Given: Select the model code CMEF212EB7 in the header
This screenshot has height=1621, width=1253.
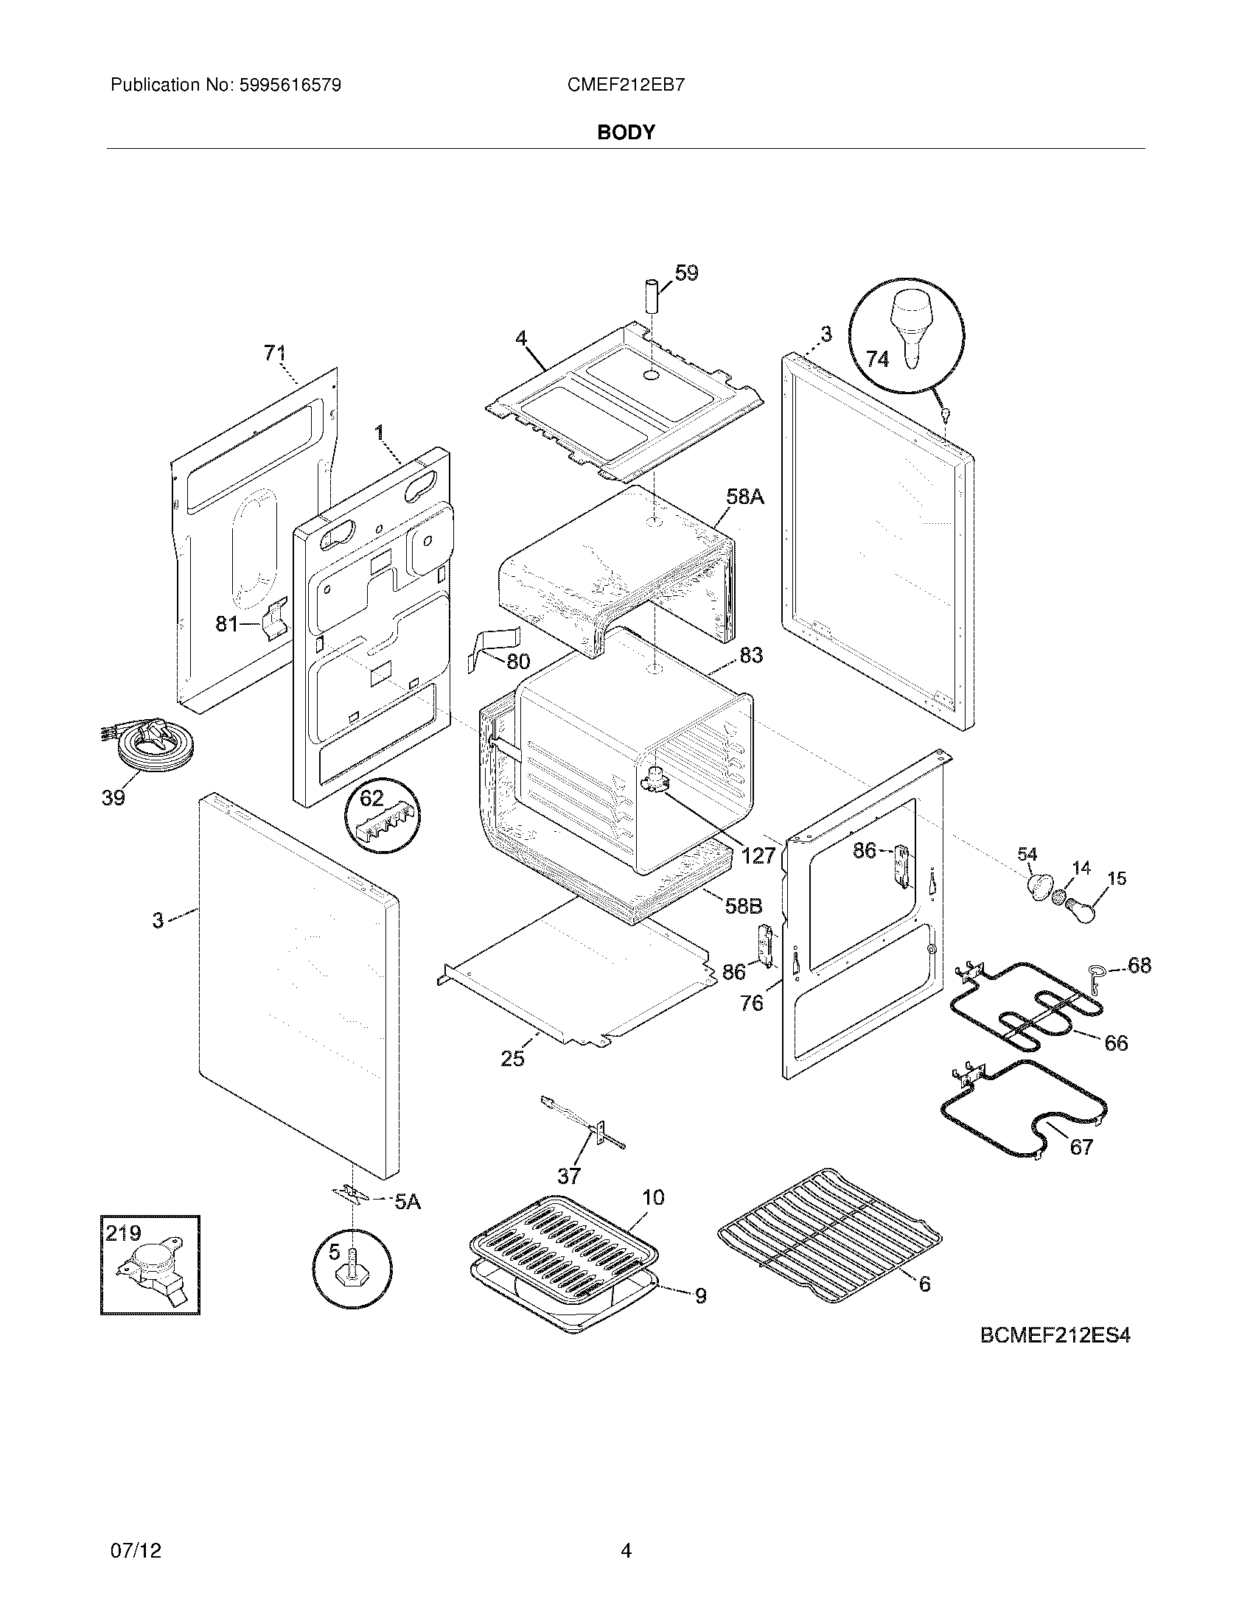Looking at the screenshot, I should click(626, 85).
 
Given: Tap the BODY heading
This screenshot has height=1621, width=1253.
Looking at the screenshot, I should click(626, 132).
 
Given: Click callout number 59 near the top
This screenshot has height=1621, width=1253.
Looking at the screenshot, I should click(687, 273).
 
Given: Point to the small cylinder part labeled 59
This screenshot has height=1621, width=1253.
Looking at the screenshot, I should click(651, 298).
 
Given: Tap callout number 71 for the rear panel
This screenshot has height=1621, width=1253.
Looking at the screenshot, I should click(275, 354).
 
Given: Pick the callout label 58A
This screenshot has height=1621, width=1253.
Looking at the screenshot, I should click(744, 497).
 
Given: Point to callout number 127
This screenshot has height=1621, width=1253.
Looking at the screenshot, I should click(758, 855).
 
